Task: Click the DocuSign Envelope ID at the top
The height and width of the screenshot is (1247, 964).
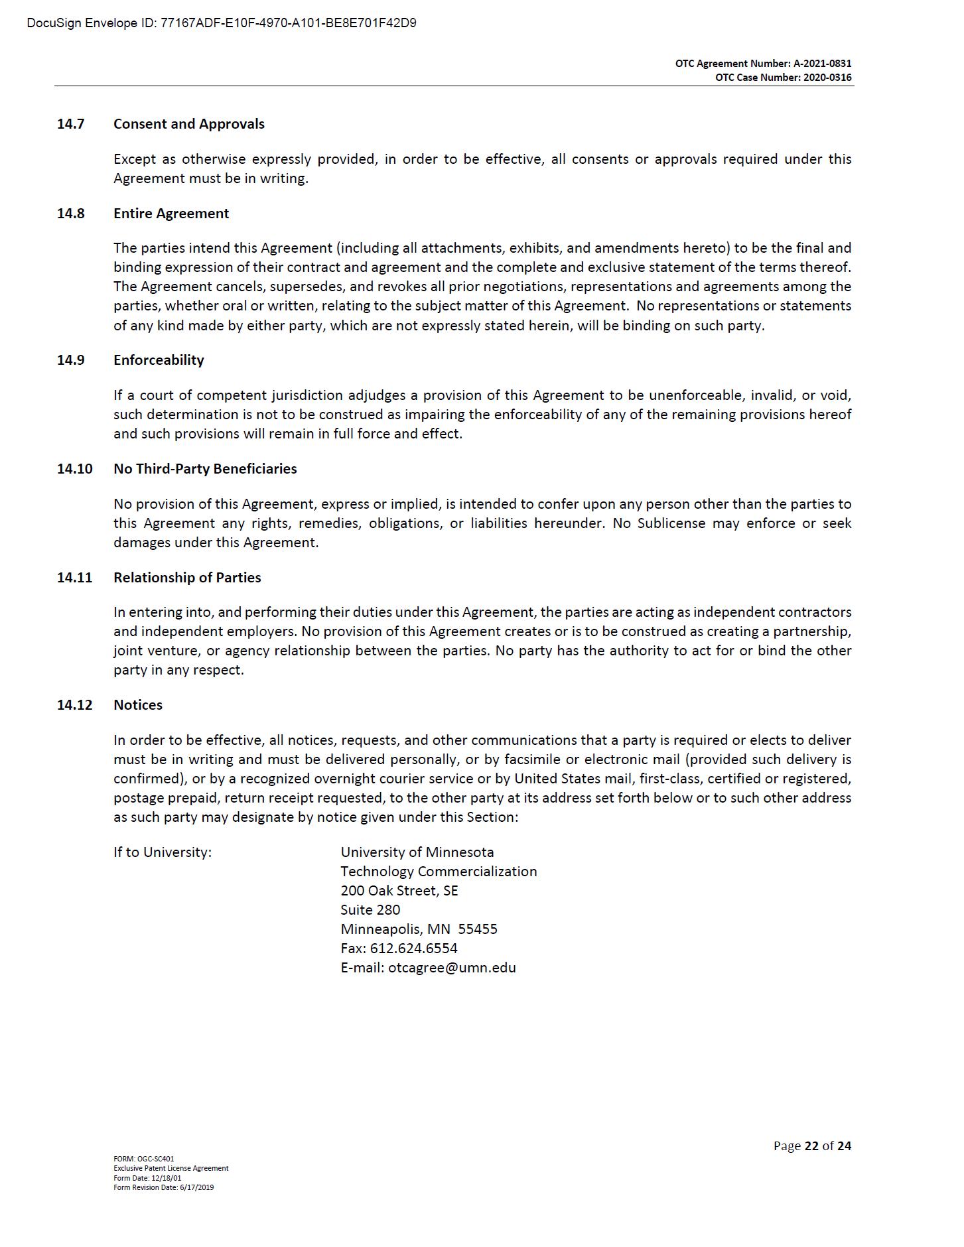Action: click(222, 23)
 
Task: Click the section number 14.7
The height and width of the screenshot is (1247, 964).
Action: click(71, 124)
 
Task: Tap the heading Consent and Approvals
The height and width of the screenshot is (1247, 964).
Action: click(188, 124)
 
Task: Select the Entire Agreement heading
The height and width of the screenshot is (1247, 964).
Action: click(171, 214)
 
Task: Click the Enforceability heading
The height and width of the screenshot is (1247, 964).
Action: click(159, 360)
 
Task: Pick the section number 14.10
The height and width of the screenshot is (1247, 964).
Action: click(74, 469)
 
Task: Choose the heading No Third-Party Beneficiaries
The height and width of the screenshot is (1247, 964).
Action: click(205, 469)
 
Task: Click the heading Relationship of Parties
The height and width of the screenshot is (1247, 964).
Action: click(187, 578)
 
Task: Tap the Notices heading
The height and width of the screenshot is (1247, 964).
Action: click(138, 705)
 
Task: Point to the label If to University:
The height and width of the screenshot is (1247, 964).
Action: click(163, 852)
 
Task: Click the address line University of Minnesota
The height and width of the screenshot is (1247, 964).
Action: click(417, 852)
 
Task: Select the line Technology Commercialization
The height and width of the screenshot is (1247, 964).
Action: click(439, 872)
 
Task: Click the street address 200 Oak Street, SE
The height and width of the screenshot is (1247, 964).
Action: click(399, 891)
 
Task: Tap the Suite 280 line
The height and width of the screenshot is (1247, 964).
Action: click(370, 910)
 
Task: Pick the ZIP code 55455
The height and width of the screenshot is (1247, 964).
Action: click(478, 929)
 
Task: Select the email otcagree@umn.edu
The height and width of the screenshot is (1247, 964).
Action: click(452, 968)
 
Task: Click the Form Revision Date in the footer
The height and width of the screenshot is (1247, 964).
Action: click(163, 1187)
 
